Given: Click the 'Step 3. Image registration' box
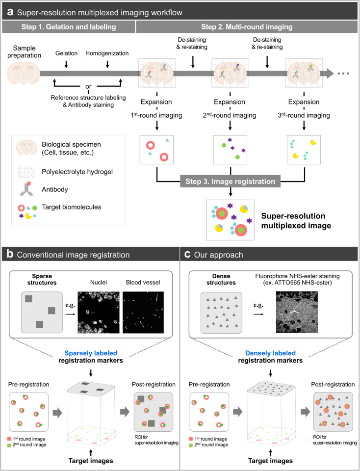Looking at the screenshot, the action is pos(231,182).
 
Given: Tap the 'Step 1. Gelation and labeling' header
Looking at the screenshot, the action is pos(69,26).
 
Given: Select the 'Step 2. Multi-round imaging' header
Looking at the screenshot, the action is pos(247,26).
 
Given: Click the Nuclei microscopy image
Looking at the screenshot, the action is pos(99,313).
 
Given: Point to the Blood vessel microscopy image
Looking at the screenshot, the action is pos(143,313).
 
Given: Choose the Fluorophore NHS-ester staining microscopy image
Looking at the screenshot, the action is pos(297,312).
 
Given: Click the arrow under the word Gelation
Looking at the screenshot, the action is pos(66,64).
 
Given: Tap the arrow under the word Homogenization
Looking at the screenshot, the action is pos(107,64).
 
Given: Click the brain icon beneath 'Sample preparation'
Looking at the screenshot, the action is pos(24,73).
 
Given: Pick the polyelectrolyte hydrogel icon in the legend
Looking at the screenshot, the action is pos(26,172).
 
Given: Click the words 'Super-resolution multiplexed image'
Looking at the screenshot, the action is pos(296,221).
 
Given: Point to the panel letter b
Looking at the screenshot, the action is pos(10,254).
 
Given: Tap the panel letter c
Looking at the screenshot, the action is pos(187,255).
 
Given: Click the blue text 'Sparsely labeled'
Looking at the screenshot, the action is pos(91,353).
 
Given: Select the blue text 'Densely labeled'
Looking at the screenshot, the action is pos(271,353).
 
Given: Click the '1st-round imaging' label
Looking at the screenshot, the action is pos(156,115).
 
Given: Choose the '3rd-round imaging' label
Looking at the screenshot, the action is pos(304,115).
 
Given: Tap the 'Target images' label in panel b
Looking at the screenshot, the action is pos(91,461).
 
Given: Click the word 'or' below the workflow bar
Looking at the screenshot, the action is pos(88,86).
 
